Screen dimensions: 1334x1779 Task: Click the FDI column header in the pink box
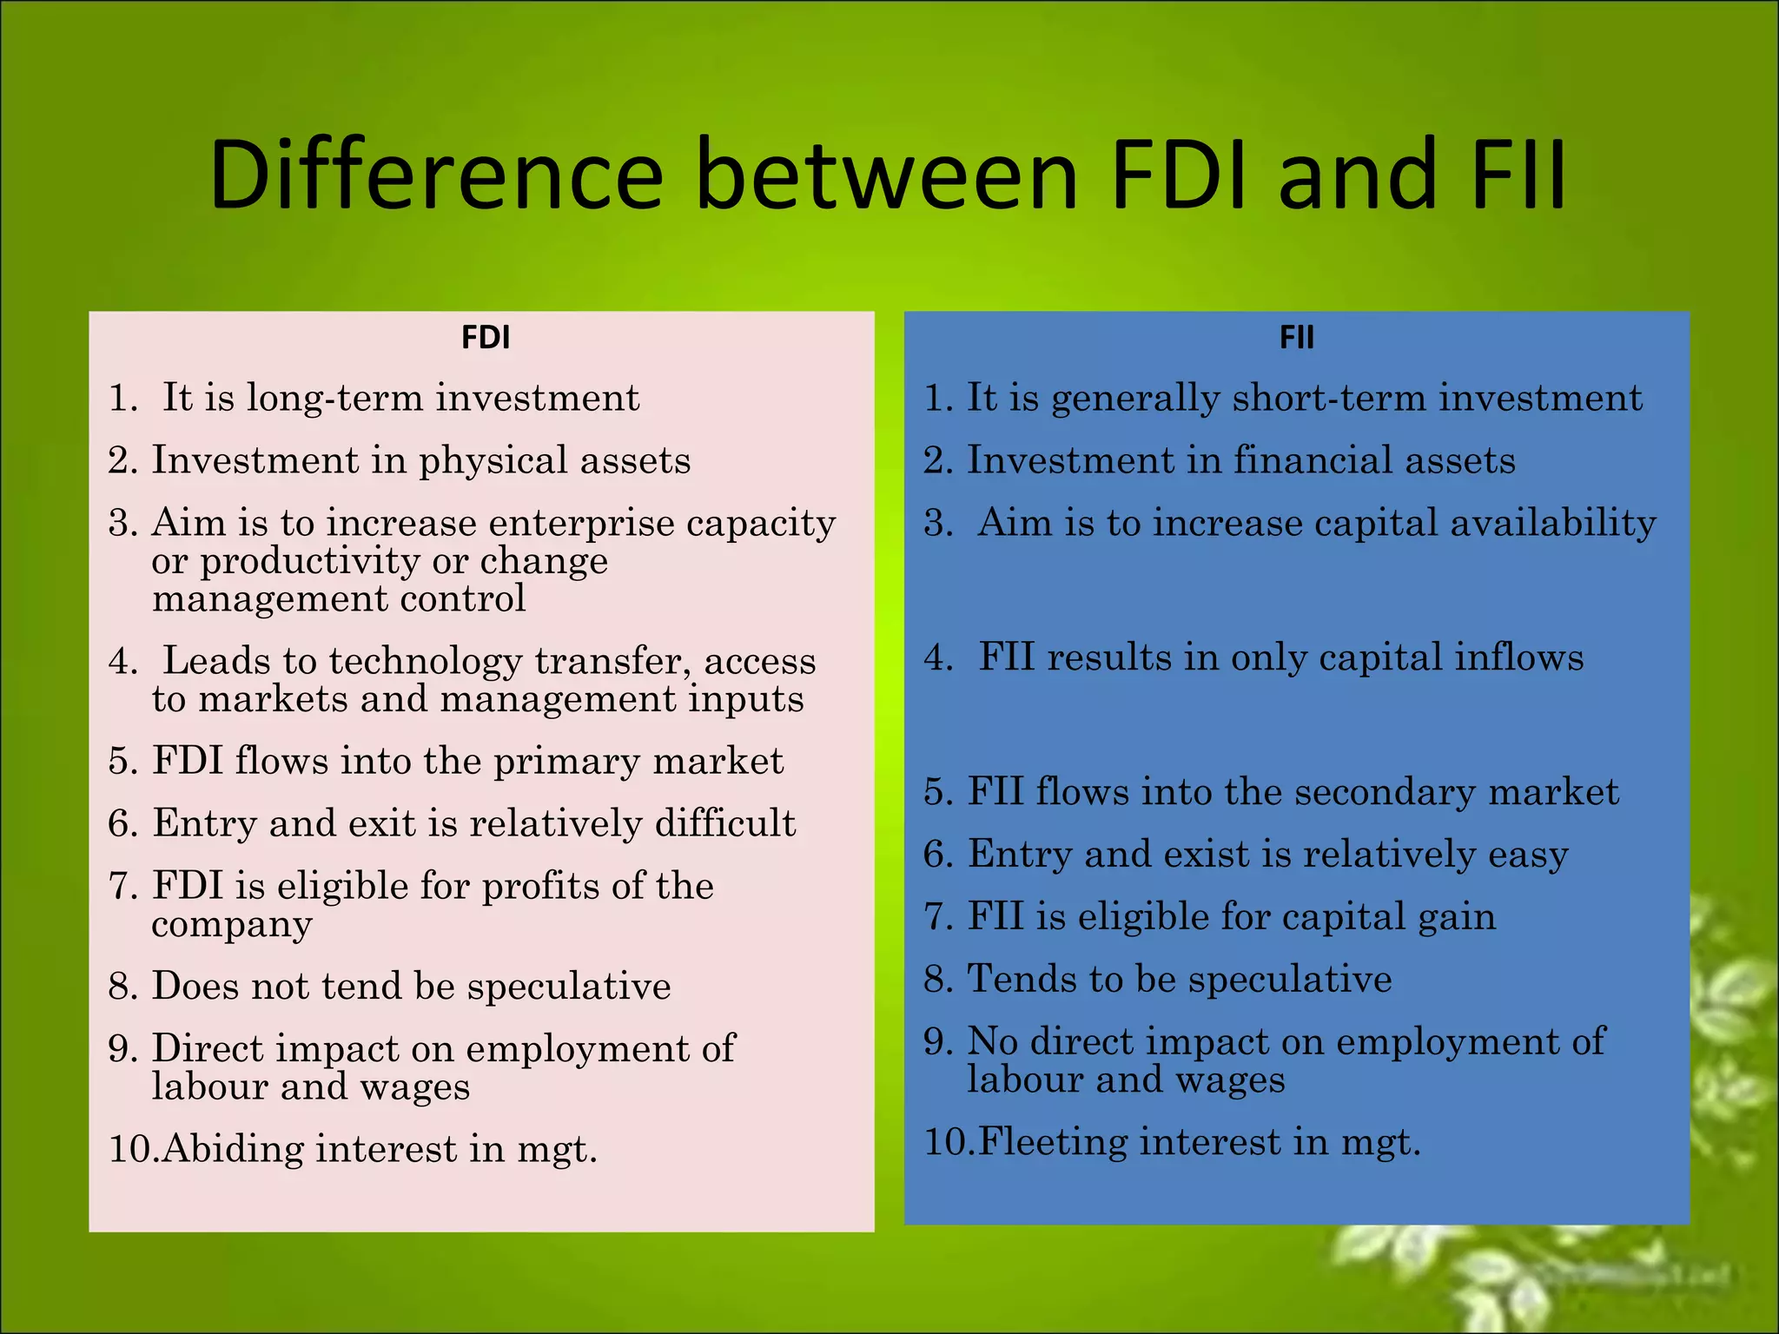[x=486, y=337]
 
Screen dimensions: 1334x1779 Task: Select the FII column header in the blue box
[x=1296, y=337]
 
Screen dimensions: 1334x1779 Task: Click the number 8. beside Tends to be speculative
[x=938, y=980]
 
